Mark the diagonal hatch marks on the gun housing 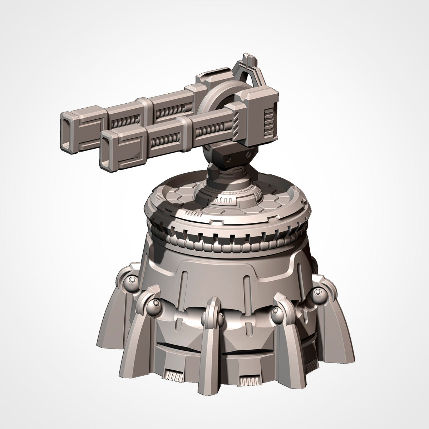click(237, 123)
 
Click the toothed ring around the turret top click(229, 238)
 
